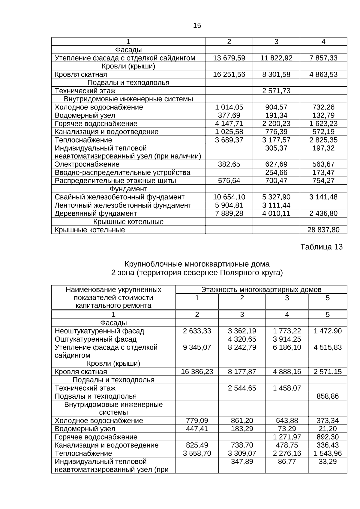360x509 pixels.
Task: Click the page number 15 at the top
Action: (197, 26)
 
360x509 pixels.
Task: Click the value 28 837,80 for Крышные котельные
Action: (323, 230)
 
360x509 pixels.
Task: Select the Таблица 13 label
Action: (321, 247)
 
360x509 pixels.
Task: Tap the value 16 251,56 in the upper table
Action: (229, 74)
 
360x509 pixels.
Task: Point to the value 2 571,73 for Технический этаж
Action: (276, 91)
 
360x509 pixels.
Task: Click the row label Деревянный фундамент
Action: (96, 214)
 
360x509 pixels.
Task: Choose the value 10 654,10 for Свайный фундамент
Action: (229, 197)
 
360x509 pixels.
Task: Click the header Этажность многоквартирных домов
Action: (261, 290)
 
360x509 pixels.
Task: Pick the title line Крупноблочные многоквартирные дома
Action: (197, 264)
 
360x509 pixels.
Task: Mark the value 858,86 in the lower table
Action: (328, 396)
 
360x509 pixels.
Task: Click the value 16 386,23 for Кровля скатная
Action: (197, 372)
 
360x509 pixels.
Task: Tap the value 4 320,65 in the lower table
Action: (242, 339)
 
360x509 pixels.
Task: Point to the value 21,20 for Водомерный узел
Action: (328, 429)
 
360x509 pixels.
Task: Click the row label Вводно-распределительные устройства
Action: (122, 173)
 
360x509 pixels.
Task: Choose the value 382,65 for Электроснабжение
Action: (229, 164)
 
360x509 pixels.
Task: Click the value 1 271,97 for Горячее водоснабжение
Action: (287, 437)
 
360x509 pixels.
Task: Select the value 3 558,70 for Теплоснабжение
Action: (197, 454)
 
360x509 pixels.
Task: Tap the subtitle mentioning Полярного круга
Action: (197, 273)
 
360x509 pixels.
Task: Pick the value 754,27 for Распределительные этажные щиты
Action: (323, 181)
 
